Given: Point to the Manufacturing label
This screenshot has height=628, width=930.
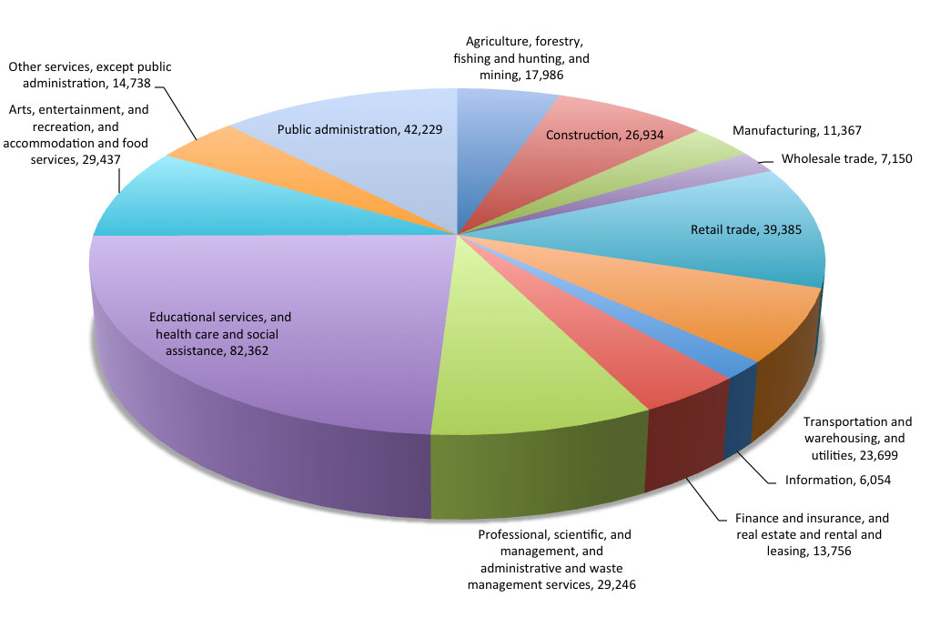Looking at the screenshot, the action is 796,130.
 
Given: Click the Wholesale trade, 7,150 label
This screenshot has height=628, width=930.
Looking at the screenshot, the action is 846,159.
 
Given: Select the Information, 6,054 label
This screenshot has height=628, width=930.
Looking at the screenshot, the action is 837,481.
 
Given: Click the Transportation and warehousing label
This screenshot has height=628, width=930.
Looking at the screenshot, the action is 857,439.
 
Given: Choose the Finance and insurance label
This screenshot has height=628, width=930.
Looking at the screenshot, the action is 812,534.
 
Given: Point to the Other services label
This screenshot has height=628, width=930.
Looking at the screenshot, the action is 89,75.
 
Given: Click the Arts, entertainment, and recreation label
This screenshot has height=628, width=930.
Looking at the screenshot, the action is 76,135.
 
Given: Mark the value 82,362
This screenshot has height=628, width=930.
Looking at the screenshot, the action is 249,351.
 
